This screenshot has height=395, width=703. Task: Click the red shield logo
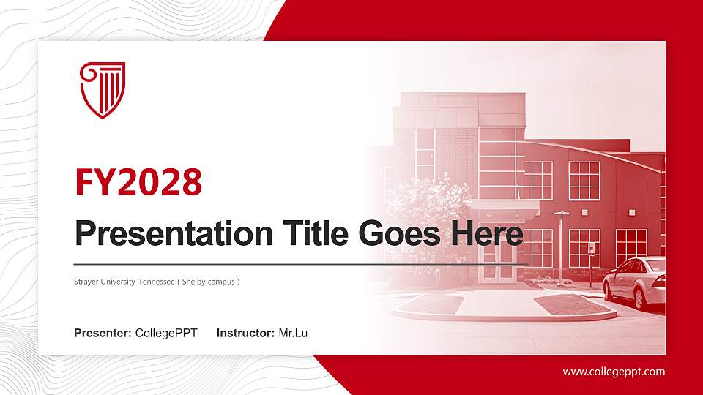coord(102,89)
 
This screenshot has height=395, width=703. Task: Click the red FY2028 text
coord(138,182)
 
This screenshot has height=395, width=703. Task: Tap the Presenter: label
coord(103,334)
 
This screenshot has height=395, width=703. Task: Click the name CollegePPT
coord(166,334)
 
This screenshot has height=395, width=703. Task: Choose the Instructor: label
coord(246,334)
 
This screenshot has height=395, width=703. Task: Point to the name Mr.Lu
coord(293,334)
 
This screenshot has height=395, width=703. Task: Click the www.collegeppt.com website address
coord(614,372)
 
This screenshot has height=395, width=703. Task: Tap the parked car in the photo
coord(636,282)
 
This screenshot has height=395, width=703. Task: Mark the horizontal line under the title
coord(300,263)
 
